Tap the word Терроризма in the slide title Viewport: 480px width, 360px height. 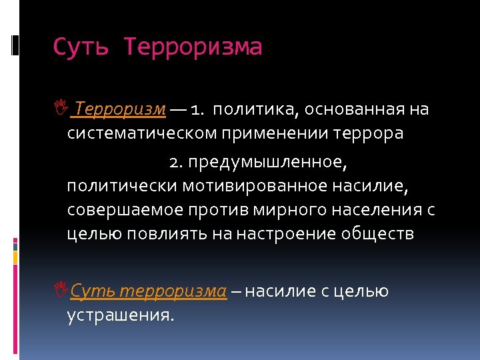[193, 47]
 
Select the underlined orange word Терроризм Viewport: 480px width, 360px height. [121, 109]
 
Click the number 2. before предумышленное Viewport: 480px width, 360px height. [175, 162]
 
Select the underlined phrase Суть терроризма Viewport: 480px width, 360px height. [149, 291]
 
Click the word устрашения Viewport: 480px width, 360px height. [121, 315]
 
